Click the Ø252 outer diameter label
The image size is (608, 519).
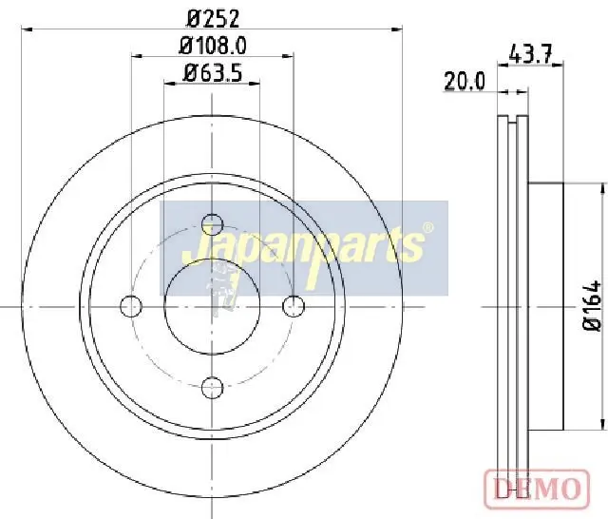pyautogui.click(x=213, y=19)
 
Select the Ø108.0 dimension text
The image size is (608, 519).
pyautogui.click(x=213, y=47)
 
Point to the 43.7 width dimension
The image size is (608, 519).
pyautogui.click(x=530, y=54)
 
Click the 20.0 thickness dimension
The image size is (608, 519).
pyautogui.click(x=465, y=82)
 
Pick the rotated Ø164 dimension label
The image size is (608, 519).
pyautogui.click(x=592, y=305)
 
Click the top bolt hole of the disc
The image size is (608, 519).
pyautogui.click(x=213, y=224)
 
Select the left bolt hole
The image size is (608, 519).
pyautogui.click(x=131, y=306)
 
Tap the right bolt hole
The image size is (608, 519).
pyautogui.click(x=294, y=306)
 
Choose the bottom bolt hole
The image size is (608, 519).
pyautogui.click(x=213, y=387)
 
